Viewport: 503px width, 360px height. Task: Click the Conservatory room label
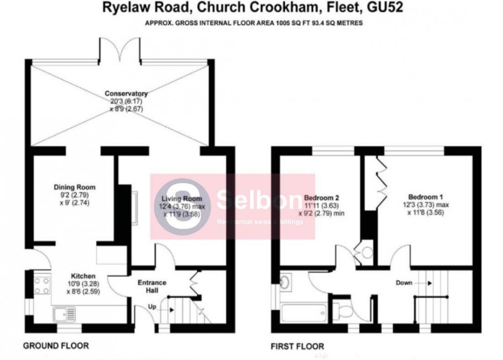coord(126,94)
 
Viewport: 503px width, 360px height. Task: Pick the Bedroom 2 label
coord(322,197)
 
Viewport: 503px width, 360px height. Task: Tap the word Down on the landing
coord(404,283)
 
